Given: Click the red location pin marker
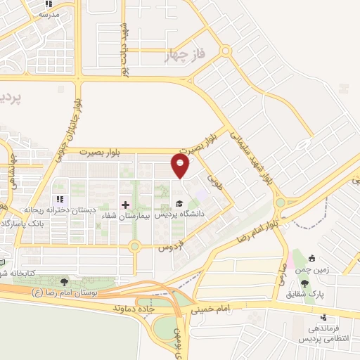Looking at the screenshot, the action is click(x=181, y=166).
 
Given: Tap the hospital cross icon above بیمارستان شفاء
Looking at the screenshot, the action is click(x=126, y=205).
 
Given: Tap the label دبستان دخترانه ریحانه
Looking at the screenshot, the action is click(x=61, y=210).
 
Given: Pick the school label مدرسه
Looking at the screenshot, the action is click(x=49, y=13).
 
